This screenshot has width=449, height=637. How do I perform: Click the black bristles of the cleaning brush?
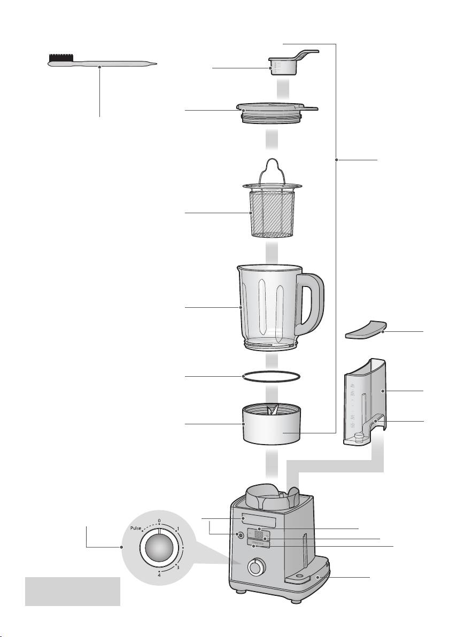pyautogui.click(x=60, y=58)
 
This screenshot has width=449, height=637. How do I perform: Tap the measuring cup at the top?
pyautogui.click(x=280, y=66)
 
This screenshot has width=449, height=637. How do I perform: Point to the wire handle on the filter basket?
pyautogui.click(x=273, y=167)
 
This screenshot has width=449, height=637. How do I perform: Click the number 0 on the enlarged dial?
pyautogui.click(x=159, y=520)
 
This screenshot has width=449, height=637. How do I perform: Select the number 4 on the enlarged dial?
pyautogui.click(x=159, y=575)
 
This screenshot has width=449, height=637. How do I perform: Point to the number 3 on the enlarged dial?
pyautogui.click(x=179, y=567)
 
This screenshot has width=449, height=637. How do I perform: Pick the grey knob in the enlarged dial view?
pyautogui.click(x=158, y=549)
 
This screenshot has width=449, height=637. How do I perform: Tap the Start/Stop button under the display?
pyautogui.click(x=259, y=546)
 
